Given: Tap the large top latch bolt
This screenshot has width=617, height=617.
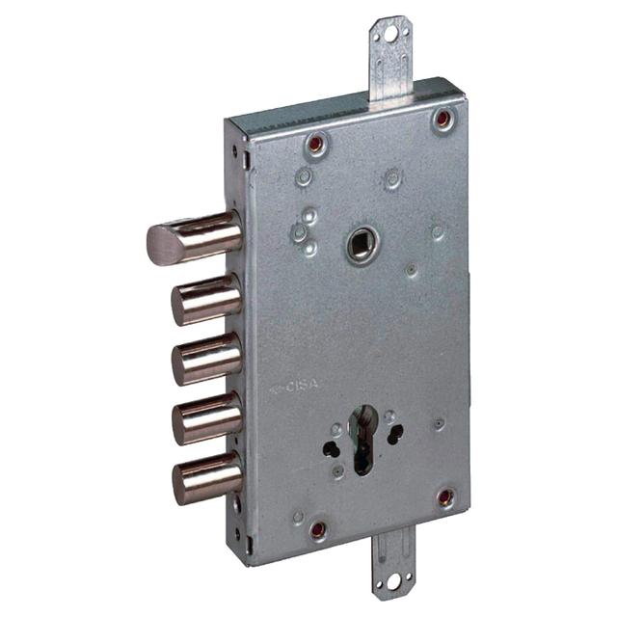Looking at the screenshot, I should [x=193, y=236].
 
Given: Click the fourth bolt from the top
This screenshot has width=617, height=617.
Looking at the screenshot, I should [x=205, y=416].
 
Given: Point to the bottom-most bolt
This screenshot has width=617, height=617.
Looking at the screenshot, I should [x=205, y=476].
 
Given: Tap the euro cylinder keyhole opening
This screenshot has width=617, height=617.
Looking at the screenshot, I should [x=363, y=439].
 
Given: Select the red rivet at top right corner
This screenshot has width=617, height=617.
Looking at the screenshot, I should [x=443, y=119].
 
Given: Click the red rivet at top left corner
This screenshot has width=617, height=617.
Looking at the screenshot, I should [x=315, y=144].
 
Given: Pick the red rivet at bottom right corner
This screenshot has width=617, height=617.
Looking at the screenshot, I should [x=445, y=497].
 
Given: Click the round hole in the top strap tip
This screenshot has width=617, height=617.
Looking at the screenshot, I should [x=390, y=33].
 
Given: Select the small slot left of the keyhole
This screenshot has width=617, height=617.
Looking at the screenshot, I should [x=331, y=449].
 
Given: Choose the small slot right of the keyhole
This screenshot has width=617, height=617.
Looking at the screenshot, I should [x=395, y=435].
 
